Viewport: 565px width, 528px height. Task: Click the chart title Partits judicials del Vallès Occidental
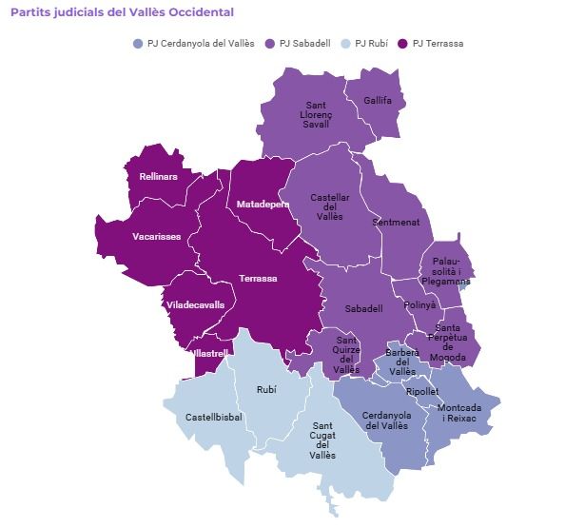(122, 12)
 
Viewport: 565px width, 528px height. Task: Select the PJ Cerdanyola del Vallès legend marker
(139, 44)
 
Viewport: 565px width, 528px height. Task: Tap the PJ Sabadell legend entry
(301, 44)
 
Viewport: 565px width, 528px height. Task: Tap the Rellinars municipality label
(158, 176)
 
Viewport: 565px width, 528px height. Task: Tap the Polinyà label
(419, 305)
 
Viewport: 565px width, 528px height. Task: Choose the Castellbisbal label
(214, 418)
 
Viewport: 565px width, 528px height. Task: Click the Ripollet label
(421, 391)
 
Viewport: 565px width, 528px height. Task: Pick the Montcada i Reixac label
(459, 413)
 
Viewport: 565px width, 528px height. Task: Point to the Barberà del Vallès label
(401, 362)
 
